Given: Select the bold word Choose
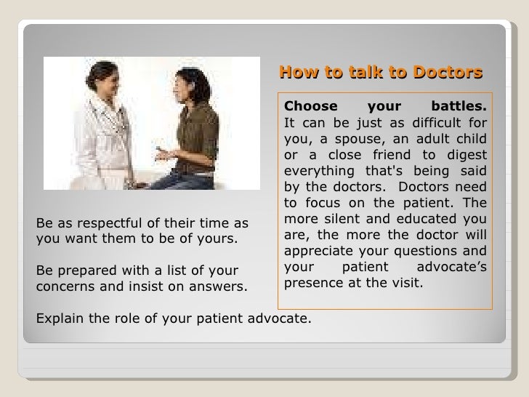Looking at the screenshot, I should click(306, 108).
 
